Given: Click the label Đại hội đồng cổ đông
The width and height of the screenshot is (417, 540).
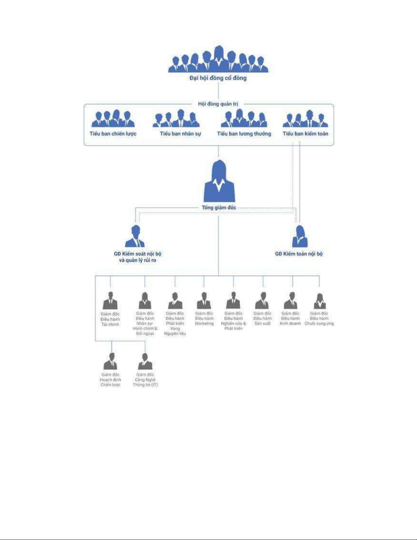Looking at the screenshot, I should click(218, 78).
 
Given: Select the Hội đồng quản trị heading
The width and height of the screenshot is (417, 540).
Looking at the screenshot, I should click(218, 104).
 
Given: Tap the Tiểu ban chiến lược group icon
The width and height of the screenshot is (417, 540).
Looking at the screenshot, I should click(113, 119).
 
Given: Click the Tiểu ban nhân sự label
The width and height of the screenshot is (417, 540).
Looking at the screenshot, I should click(180, 134).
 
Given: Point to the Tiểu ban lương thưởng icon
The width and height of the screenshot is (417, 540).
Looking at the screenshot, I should click(244, 118).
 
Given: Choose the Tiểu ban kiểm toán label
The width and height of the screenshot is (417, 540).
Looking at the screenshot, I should click(305, 134).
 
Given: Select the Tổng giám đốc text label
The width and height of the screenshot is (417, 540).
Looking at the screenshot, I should click(219, 207).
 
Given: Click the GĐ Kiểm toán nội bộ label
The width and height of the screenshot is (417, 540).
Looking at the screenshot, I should click(299, 254).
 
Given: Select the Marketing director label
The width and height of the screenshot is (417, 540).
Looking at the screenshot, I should click(204, 319).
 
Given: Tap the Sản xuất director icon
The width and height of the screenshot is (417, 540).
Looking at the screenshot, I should click(262, 300).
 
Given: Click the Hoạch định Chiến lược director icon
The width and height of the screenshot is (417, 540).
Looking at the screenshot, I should click(110, 361).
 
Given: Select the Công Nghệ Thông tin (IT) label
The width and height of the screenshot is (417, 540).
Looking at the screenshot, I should click(145, 380).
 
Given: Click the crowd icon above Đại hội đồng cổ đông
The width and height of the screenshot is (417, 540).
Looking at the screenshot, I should click(218, 59).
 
